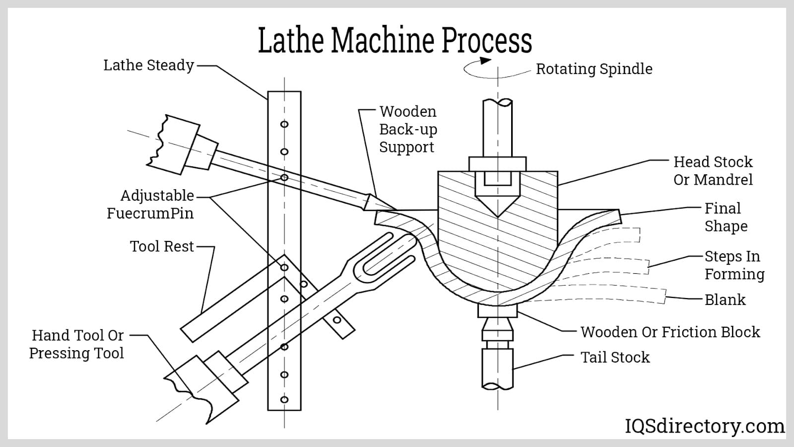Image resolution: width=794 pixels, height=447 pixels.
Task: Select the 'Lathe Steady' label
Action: click(148, 65)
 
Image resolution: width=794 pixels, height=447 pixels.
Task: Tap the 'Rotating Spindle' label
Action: click(594, 69)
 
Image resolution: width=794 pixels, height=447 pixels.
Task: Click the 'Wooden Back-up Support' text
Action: click(408, 129)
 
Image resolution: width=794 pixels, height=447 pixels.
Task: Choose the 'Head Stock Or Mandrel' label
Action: click(713, 171)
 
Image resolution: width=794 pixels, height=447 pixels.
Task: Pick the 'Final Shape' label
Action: click(726, 217)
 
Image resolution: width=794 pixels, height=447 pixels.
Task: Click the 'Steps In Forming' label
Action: click(734, 265)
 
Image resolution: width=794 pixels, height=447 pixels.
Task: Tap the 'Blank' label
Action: click(725, 300)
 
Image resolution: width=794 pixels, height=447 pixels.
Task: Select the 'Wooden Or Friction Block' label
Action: click(670, 332)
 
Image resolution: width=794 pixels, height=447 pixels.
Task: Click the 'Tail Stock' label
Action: click(615, 357)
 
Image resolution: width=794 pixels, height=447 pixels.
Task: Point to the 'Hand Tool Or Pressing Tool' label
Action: click(76, 344)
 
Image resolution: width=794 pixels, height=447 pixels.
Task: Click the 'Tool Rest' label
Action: click(162, 246)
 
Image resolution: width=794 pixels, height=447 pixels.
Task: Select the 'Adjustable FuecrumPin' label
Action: click(150, 204)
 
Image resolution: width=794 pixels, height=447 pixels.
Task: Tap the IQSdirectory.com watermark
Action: click(704, 426)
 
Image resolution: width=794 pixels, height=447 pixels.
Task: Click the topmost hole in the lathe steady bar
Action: click(284, 124)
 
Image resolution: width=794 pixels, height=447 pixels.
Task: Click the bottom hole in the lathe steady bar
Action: click(284, 399)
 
